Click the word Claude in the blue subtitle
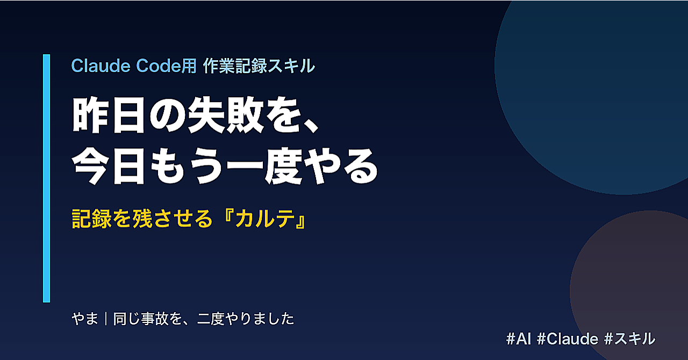[x=101, y=66]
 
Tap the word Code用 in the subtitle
[x=166, y=66]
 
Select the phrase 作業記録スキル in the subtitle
[x=259, y=66]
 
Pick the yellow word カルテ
[x=264, y=219]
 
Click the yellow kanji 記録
[x=91, y=219]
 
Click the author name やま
[x=85, y=319]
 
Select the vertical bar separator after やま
[x=106, y=319]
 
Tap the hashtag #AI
[x=519, y=339]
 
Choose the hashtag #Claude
[x=568, y=339]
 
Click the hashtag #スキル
[x=629, y=339]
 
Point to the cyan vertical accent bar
[x=46, y=178]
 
